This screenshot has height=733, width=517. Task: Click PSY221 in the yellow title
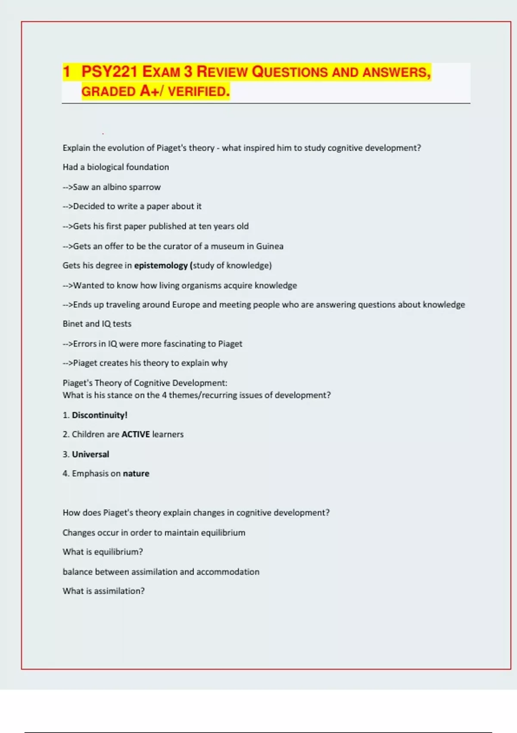(109, 72)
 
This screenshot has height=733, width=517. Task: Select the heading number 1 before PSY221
(66, 72)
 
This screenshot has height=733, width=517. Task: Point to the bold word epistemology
(161, 266)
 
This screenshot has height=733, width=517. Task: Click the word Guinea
(270, 246)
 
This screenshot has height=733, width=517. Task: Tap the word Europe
(186, 305)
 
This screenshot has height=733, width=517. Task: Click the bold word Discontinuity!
(100, 415)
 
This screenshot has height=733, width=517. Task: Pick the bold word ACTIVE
(136, 435)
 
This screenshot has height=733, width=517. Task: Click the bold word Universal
(90, 454)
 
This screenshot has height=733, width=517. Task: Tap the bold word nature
(136, 473)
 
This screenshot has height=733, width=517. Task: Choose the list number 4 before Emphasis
(65, 473)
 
